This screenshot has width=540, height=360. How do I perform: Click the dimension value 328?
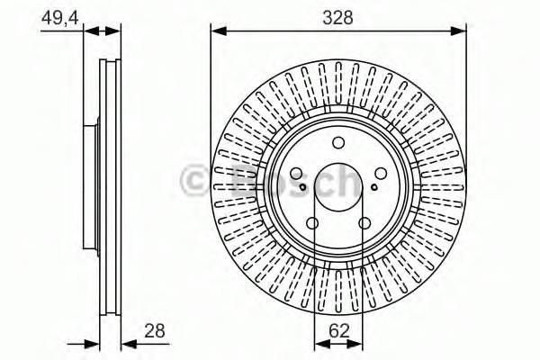(x=337, y=17)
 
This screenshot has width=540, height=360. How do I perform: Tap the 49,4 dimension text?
(x=57, y=16)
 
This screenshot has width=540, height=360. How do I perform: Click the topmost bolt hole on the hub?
(x=337, y=141)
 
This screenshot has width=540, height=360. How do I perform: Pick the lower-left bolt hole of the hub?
(x=312, y=225)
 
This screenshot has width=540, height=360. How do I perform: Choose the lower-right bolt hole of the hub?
(x=364, y=225)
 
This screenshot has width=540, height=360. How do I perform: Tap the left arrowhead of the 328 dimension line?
(x=217, y=33)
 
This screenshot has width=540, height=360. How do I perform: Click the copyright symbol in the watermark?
(x=196, y=183)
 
